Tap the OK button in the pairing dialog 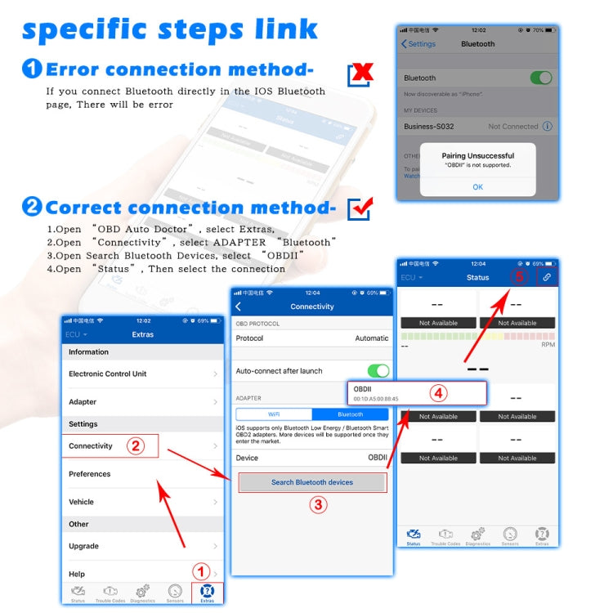click(x=477, y=187)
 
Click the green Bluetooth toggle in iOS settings click(x=540, y=78)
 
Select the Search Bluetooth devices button click(x=311, y=482)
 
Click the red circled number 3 click(x=317, y=504)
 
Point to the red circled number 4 click(x=438, y=393)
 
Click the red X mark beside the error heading click(x=360, y=74)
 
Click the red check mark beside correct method click(x=360, y=208)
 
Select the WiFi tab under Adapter click(x=274, y=414)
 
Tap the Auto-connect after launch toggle click(x=378, y=370)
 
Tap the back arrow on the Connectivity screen click(x=239, y=306)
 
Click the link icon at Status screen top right click(x=547, y=278)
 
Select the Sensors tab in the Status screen click(x=510, y=535)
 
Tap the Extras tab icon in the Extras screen click(x=207, y=593)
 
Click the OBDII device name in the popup click(x=363, y=389)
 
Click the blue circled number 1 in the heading click(x=32, y=69)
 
